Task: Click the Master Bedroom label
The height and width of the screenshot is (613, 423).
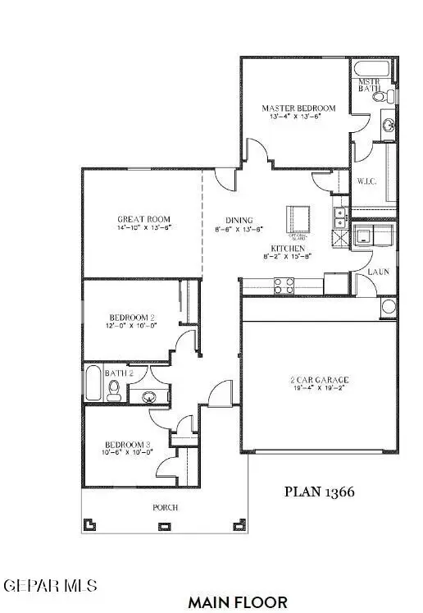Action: tap(299, 108)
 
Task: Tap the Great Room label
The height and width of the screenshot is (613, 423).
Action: tap(143, 218)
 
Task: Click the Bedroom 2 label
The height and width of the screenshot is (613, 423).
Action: tap(133, 317)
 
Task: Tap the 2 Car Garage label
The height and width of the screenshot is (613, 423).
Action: tap(320, 379)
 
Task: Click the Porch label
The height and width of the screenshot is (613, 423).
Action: tap(165, 507)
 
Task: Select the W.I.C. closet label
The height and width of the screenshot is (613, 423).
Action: tap(366, 181)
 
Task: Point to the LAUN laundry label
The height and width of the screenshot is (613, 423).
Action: tap(378, 271)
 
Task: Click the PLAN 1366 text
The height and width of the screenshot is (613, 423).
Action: tap(319, 492)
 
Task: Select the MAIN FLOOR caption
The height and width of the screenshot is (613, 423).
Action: tap(238, 602)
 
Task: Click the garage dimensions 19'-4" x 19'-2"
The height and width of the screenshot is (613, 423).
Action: tap(320, 389)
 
